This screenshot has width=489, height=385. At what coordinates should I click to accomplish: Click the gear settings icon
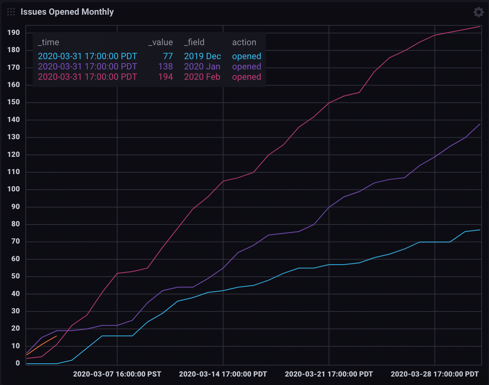point(478,12)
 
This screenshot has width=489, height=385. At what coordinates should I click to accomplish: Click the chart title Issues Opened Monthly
point(67,12)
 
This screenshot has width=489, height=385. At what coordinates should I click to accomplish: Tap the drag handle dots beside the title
point(11,12)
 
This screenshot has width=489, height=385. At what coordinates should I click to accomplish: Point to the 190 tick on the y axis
point(14,32)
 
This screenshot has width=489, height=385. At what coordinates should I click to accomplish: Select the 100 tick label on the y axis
point(14,189)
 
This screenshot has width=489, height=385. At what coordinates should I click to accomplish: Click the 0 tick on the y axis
point(18,363)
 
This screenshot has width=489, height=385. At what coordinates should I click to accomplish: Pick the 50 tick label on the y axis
point(15,276)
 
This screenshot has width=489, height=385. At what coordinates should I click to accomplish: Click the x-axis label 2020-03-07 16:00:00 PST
point(117,374)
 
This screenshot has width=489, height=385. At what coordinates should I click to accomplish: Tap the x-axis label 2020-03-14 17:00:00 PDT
point(223,374)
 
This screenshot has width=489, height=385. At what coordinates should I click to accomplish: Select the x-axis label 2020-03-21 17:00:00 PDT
point(329,374)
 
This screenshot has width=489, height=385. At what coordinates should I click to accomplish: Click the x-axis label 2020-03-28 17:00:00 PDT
point(435,374)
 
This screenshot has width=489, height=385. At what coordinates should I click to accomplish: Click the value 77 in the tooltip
point(168,56)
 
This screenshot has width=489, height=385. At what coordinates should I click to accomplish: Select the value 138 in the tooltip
point(165,66)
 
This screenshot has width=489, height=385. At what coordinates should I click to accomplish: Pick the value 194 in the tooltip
point(165,77)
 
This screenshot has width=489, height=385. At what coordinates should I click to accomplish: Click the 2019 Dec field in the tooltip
point(202,56)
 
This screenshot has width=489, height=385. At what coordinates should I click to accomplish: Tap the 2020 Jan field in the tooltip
point(202,66)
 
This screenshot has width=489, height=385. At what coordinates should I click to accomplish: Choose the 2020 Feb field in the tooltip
point(202,77)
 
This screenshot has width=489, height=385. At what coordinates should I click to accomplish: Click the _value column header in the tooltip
point(160,42)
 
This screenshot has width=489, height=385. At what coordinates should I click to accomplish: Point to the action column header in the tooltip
point(244,42)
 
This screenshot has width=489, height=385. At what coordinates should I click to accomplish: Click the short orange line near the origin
point(42,345)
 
